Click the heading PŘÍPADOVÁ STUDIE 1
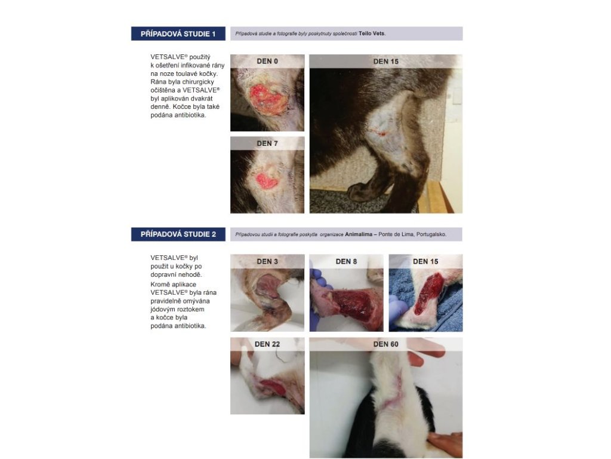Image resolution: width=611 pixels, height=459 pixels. pyautogui.click(x=178, y=34)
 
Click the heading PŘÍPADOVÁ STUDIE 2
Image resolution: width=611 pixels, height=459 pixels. pyautogui.click(x=178, y=234)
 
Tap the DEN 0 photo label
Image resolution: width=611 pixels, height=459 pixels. pyautogui.click(x=267, y=62)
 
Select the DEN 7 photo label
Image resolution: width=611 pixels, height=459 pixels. pyautogui.click(x=267, y=143)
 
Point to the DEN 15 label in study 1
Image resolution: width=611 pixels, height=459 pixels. pyautogui.click(x=386, y=62)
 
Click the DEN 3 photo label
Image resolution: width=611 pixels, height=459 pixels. pyautogui.click(x=267, y=262)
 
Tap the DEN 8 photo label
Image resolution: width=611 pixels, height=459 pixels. pyautogui.click(x=347, y=262)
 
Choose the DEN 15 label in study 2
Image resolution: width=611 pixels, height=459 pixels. pyautogui.click(x=425, y=262)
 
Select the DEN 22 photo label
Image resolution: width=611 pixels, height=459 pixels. pyautogui.click(x=267, y=344)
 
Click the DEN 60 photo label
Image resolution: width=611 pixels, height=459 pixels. pyautogui.click(x=386, y=344)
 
